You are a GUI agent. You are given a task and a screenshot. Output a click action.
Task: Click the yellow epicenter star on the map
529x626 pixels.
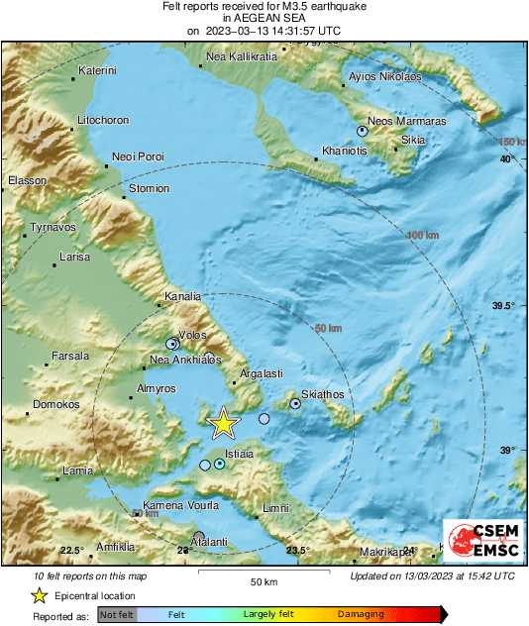[x=224, y=423]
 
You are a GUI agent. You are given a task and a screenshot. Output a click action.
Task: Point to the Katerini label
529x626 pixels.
[x=97, y=71]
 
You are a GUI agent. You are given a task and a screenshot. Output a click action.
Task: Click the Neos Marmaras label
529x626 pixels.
[x=406, y=121]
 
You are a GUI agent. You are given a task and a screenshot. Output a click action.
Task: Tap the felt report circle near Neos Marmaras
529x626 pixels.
[x=363, y=131]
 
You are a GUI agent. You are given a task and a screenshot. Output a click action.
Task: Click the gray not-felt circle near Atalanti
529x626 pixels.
[x=199, y=536]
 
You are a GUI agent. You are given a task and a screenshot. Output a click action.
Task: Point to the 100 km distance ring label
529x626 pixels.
[x=423, y=235]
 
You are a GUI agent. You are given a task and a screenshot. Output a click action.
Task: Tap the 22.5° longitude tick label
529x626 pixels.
[x=70, y=551]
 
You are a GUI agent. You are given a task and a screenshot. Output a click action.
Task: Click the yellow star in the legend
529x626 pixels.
[x=40, y=595]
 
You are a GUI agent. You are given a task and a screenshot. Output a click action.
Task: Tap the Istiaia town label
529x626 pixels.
[x=240, y=454]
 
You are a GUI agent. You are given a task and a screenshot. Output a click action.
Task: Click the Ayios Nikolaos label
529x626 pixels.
[x=386, y=76]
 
